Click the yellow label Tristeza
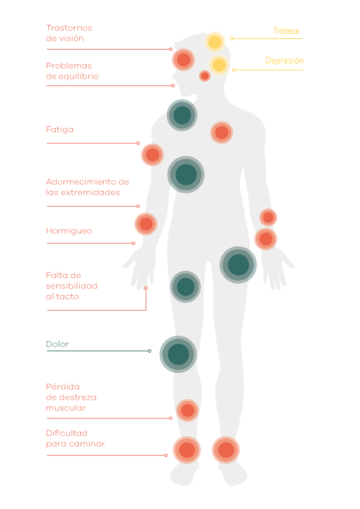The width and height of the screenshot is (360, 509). [x=286, y=31]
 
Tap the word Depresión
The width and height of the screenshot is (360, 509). [x=284, y=61]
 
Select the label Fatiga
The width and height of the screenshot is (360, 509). [x=60, y=130]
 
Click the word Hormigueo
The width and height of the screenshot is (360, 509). [x=69, y=231]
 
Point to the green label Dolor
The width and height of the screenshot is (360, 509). [x=58, y=344]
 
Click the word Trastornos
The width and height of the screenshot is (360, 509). [x=69, y=28]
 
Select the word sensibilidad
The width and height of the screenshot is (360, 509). [x=72, y=286]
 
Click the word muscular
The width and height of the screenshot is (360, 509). [x=66, y=408]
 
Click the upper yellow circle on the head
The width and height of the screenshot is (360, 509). [x=215, y=42]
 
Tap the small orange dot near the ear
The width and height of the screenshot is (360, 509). [x=205, y=76]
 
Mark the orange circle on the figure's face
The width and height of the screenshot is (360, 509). [x=183, y=60]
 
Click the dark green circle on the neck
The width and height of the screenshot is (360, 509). [x=182, y=115]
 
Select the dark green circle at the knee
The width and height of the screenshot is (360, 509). [x=178, y=354]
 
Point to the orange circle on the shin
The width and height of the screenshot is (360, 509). [x=187, y=410]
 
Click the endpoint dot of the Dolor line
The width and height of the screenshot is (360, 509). [x=149, y=351]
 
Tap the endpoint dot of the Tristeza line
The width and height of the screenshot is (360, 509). [x=232, y=39]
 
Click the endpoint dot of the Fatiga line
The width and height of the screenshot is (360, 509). [x=138, y=143]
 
